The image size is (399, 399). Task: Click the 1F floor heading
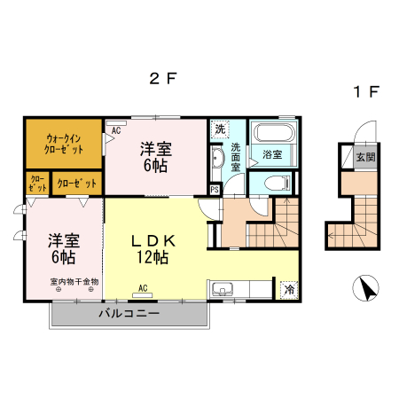[366, 91]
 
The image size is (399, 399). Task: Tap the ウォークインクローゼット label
[63, 144]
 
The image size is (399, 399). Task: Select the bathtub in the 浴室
[274, 136]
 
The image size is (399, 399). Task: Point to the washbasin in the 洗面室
[217, 160]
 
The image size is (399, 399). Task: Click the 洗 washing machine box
[219, 129]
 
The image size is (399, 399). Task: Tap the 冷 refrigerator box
[289, 289]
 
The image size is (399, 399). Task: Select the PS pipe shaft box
[215, 189]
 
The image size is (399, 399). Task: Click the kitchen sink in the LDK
[221, 289]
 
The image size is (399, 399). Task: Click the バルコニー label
[129, 315]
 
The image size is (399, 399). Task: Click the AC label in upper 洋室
[116, 130]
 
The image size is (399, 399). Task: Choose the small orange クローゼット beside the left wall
[38, 184]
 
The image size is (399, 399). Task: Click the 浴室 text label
[273, 154]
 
